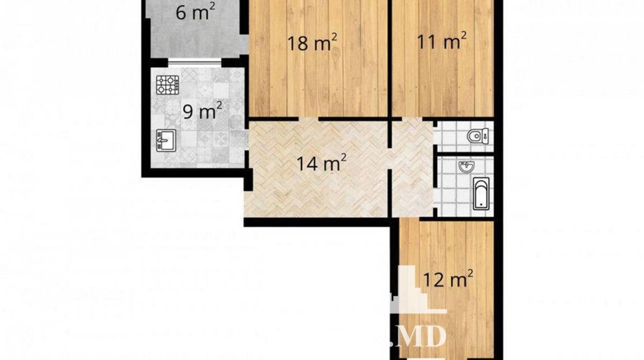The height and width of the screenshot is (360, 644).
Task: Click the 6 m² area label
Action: [x=195, y=13]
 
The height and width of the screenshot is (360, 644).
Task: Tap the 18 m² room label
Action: [x=312, y=43]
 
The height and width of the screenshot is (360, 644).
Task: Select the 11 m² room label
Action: [x=441, y=41]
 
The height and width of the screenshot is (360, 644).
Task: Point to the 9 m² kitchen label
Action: [x=203, y=111]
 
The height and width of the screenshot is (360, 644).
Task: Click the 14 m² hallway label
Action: [x=321, y=163]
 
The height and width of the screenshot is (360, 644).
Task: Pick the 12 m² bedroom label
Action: [x=447, y=279]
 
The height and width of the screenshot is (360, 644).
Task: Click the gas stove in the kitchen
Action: [x=167, y=85]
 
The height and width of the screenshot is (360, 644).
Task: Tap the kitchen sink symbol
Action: [x=166, y=141]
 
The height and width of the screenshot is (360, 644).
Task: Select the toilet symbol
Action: [x=478, y=136]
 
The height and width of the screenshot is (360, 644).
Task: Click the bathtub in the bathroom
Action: [x=481, y=194]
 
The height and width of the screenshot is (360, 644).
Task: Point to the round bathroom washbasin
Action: [x=466, y=166]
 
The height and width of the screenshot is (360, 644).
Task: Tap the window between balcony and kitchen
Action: [x=195, y=62]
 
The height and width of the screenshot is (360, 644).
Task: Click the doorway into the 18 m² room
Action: [x=308, y=119]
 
